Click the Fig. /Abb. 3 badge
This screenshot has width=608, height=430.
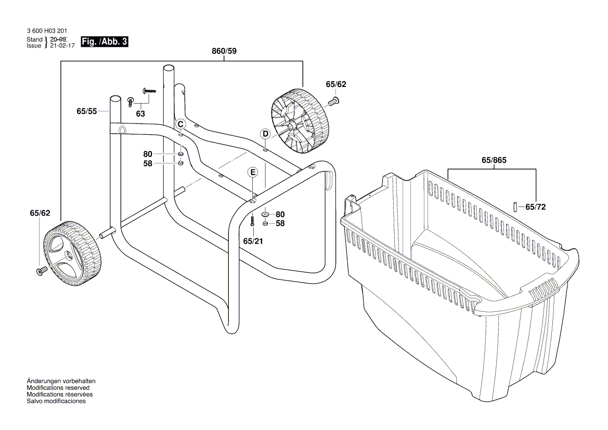(105, 42)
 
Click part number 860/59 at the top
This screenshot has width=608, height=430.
(224, 51)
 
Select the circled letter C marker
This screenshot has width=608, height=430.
(180, 124)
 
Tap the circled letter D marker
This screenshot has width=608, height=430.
(265, 134)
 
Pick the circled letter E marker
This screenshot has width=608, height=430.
(252, 172)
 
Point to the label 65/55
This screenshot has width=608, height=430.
(86, 111)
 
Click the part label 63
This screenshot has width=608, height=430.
(140, 113)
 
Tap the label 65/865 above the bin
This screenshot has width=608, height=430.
(494, 161)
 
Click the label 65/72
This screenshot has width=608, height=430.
(536, 207)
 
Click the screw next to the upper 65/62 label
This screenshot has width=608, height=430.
(335, 101)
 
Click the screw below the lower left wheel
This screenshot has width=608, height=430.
(41, 271)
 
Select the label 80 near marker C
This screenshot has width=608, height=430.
(148, 154)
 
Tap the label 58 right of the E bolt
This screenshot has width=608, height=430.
(280, 223)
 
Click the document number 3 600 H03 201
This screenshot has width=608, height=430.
(46, 32)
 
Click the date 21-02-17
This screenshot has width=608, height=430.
(62, 46)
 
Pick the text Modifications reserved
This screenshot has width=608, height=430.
(58, 388)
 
